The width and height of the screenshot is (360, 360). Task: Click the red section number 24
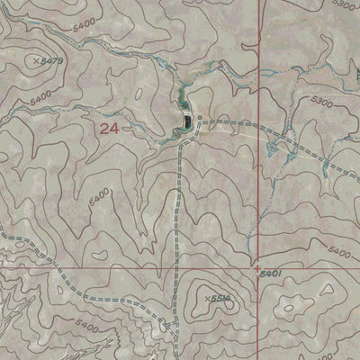109,129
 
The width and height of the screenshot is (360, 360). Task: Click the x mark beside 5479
35,60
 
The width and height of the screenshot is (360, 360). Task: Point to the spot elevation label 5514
222,297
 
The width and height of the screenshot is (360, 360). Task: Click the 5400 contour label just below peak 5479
40,100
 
